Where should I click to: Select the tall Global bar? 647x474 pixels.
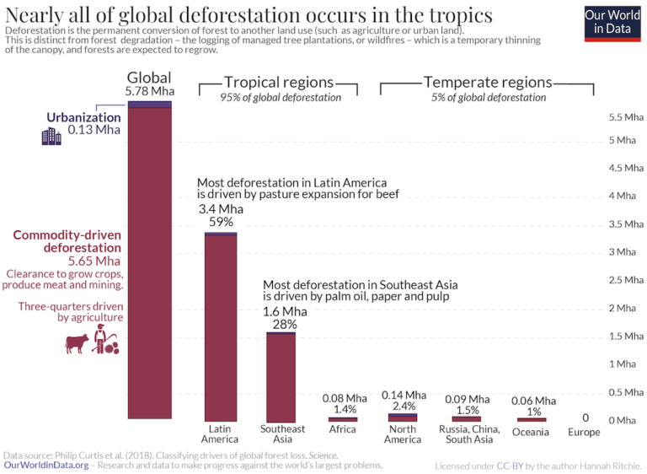[x=149, y=261]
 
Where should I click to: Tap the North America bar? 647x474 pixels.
[x=402, y=417]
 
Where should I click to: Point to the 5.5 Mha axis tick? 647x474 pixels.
[x=622, y=117]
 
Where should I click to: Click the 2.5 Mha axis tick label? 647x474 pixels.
[x=622, y=280]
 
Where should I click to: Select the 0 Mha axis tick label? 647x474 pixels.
[x=622, y=420]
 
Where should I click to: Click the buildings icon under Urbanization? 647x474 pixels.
[x=51, y=136]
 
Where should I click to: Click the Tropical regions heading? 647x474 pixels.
[x=279, y=83]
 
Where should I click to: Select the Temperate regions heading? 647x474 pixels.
[x=488, y=83]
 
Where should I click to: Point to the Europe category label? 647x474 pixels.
[x=584, y=433]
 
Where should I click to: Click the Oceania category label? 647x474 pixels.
[x=531, y=433]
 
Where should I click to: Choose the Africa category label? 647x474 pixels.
[x=342, y=429]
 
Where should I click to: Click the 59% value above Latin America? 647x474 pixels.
[x=221, y=223]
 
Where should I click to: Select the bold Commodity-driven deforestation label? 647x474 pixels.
[x=67, y=242]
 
